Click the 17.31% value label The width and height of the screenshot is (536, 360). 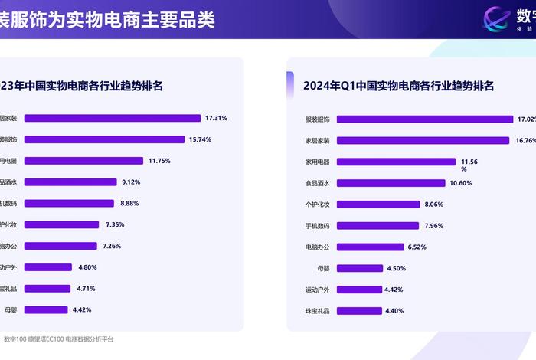click(216, 118)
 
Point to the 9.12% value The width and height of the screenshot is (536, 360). click(130, 182)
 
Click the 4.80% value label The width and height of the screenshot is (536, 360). click(87, 267)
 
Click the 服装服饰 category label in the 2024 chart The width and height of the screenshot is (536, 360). click(317, 119)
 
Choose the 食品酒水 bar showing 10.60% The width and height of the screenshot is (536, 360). click(391, 183)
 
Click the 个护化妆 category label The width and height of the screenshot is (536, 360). click(317, 205)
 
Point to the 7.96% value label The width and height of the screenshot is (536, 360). click(433, 225)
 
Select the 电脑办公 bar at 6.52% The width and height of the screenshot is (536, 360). click(370, 247)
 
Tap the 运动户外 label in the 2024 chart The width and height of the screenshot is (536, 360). click(317, 290)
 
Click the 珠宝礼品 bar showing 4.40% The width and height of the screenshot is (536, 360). click(358, 311)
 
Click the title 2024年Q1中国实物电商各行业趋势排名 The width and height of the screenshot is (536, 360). click(398, 86)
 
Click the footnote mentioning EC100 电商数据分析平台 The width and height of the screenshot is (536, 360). click(58, 339)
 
